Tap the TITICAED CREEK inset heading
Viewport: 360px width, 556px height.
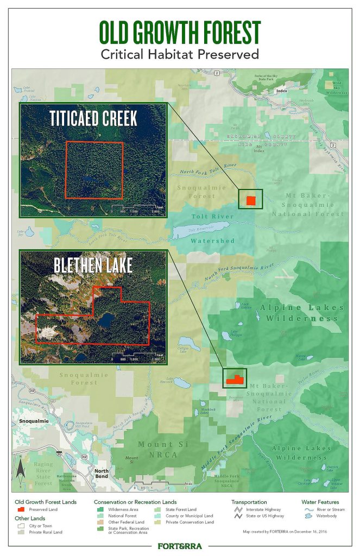click(94, 119)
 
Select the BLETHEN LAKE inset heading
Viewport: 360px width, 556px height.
click(93, 266)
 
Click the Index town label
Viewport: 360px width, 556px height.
click(281, 90)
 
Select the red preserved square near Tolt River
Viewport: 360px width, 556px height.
click(250, 200)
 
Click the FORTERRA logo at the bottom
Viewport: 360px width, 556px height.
click(180, 545)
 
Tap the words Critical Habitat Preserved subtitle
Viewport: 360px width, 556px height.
click(180, 54)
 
